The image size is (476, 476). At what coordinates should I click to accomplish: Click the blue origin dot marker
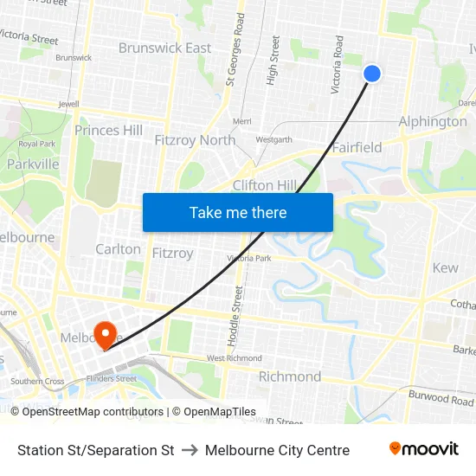click(x=372, y=74)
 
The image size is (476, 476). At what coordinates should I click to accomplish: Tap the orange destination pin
click(x=106, y=334)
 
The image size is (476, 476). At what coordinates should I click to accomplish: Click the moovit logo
click(x=423, y=448)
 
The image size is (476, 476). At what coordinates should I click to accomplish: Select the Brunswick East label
click(x=164, y=48)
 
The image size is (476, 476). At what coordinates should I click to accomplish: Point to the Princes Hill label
click(x=108, y=130)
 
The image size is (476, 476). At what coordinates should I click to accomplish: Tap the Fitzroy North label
click(x=195, y=139)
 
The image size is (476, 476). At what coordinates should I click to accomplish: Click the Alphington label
click(x=432, y=121)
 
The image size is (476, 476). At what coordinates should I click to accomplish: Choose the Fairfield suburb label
click(x=357, y=147)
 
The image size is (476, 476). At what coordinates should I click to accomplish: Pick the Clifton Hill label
click(x=265, y=184)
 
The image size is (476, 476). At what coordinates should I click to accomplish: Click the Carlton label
click(x=118, y=249)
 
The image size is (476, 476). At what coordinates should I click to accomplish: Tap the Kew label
click(x=445, y=267)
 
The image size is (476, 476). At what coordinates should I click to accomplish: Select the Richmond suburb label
click(x=290, y=376)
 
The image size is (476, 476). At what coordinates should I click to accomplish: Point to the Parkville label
click(x=33, y=164)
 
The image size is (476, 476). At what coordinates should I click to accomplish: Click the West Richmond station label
click(x=234, y=358)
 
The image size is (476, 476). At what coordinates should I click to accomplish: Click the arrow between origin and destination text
click(x=190, y=450)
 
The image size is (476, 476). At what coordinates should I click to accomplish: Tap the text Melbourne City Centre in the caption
click(x=277, y=450)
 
